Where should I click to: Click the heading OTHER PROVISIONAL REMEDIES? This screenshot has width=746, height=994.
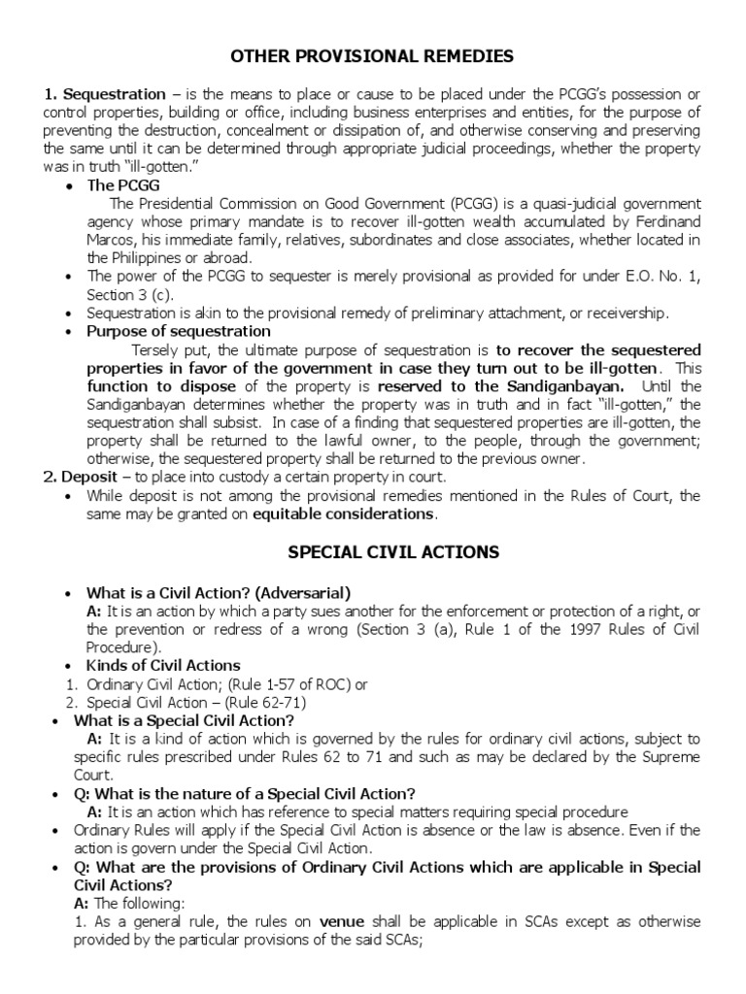(x=372, y=56)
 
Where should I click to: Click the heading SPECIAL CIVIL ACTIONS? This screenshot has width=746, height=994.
(x=393, y=552)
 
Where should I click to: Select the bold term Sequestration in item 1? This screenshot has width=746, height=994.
(x=114, y=94)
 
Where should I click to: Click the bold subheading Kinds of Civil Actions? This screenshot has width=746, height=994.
(x=163, y=666)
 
